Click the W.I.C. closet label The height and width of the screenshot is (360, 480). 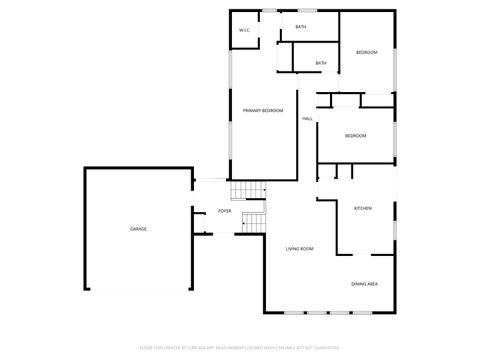click(245, 31)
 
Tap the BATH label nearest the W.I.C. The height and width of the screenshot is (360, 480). click(300, 26)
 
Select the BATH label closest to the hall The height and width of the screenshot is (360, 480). click(321, 64)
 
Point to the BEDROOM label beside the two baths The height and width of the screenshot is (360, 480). click(367, 52)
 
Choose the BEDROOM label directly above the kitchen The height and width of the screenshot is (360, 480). click(355, 136)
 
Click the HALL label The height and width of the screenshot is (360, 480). click(307, 118)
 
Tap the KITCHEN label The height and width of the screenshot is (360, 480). click(363, 208)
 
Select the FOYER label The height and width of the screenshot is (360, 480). click(225, 212)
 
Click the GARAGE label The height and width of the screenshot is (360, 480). click(138, 229)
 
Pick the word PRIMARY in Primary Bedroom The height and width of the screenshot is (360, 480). click(252, 110)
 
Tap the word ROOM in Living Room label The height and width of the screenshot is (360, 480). click(308, 248)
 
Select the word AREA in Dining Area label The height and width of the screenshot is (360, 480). click(372, 285)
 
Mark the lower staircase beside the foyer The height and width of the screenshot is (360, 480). click(253, 222)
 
